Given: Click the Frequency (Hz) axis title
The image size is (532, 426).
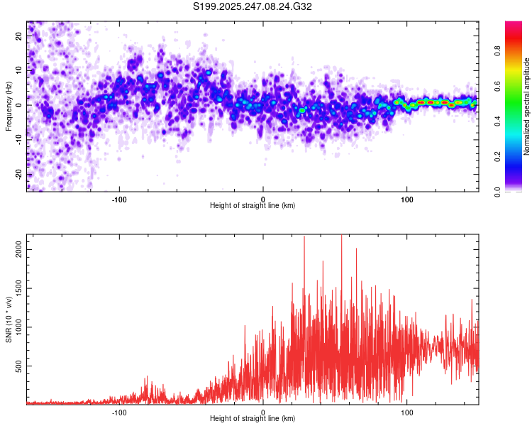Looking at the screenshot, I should [x=9, y=106].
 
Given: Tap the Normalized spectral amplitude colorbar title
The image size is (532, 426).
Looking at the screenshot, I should [x=526, y=106].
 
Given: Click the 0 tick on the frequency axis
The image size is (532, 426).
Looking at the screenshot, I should [x=20, y=105].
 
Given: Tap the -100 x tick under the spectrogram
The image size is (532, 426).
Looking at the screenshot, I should [x=119, y=198].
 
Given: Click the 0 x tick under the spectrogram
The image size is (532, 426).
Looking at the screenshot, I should [x=263, y=198].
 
